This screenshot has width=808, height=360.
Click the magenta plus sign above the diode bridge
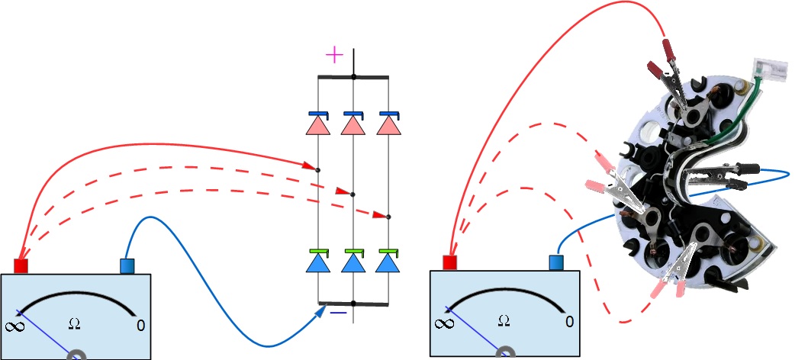click(x=334, y=55)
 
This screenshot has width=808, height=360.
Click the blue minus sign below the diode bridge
click(x=338, y=312)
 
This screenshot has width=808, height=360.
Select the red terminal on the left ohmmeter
click(x=21, y=265)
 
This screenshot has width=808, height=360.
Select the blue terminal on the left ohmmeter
click(x=127, y=265)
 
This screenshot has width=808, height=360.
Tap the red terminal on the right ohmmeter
click(x=449, y=262)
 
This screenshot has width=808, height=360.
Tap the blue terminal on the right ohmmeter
click(x=556, y=262)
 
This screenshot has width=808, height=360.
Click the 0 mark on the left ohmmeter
click(x=140, y=326)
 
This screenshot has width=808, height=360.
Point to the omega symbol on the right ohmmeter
click(x=503, y=320)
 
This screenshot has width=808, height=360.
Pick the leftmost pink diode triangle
click(x=317, y=124)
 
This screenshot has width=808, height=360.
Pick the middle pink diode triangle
click(x=352, y=124)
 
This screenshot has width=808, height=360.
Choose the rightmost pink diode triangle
click(x=388, y=124)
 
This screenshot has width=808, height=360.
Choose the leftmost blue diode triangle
click(x=317, y=263)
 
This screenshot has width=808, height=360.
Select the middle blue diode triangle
click(x=352, y=263)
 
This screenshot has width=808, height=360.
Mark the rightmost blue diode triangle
click(x=388, y=263)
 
